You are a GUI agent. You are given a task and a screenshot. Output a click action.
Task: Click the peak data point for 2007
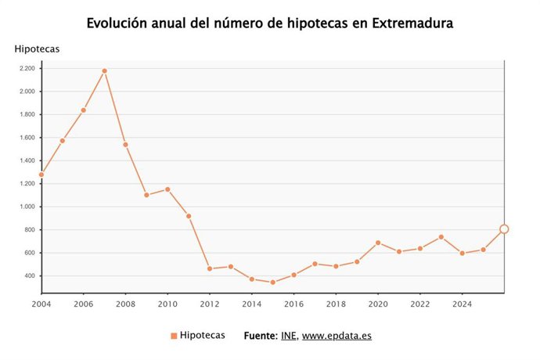point(104,71)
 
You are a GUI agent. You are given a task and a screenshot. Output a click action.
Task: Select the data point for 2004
point(41,175)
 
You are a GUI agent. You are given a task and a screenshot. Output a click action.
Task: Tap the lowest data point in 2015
point(272,283)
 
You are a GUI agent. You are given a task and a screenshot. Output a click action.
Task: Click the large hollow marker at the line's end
point(504,229)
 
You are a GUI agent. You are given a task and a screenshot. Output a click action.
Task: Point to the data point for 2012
point(209,268)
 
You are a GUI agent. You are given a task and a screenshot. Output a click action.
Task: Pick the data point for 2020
point(378,243)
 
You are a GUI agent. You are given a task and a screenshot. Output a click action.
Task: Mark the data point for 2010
point(167,189)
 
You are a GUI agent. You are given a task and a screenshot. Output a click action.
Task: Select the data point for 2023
point(441,237)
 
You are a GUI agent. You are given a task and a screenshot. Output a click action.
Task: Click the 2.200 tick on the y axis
point(27,69)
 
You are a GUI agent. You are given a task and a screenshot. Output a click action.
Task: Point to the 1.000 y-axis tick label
point(27,207)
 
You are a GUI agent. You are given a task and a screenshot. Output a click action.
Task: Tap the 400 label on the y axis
point(30,276)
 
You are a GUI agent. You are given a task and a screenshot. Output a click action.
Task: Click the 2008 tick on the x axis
point(125,304)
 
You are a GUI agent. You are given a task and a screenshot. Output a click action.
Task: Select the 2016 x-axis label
point(293,304)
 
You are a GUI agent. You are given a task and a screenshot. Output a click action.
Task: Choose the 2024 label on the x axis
point(462,304)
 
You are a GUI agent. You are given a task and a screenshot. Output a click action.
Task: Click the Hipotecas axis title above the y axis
point(37,49)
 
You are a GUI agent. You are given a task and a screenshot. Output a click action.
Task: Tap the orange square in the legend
point(173,336)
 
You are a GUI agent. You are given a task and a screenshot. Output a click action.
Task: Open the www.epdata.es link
point(337,336)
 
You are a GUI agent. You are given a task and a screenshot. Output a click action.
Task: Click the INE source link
point(288,336)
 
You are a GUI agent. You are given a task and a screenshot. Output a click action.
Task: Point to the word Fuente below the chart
point(260,336)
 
